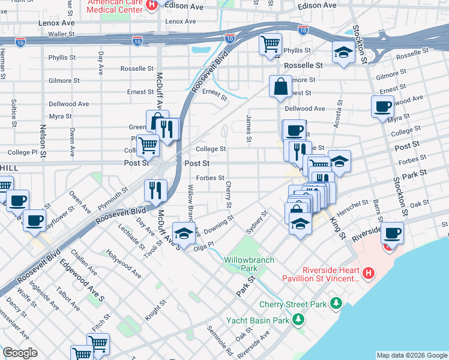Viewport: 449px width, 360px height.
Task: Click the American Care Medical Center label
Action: click(116, 6)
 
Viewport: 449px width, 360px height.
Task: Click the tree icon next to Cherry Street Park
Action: click(337, 303)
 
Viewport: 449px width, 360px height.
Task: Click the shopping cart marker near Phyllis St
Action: click(270, 44)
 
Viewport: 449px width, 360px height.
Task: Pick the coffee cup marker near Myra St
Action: click(382, 107)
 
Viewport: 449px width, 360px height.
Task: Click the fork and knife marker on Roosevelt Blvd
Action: click(155, 190)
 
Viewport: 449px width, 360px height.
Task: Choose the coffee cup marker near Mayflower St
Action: click(34, 220)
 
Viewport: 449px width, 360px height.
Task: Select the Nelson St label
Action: click(43, 138)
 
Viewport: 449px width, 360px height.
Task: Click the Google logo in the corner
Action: click(20, 353)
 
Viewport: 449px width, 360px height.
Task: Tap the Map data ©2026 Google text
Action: click(412, 355)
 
